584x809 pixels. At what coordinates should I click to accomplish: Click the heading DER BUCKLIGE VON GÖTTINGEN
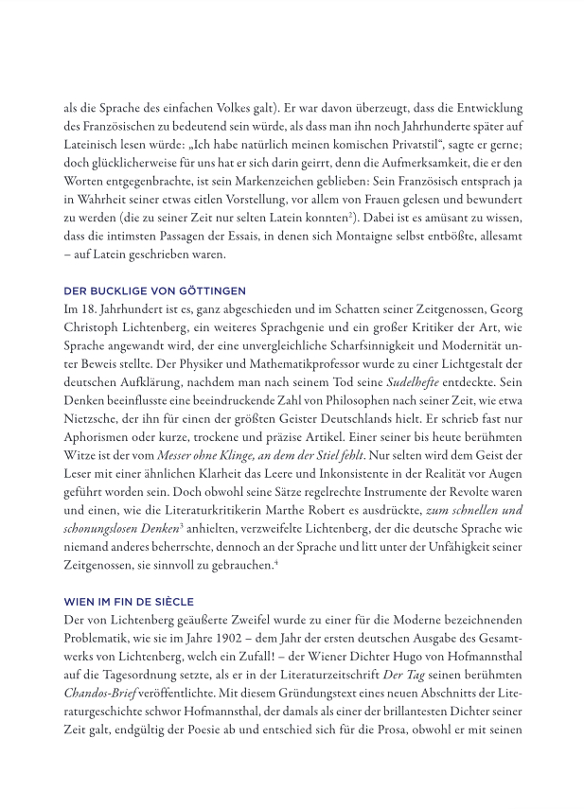(x=154, y=290)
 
